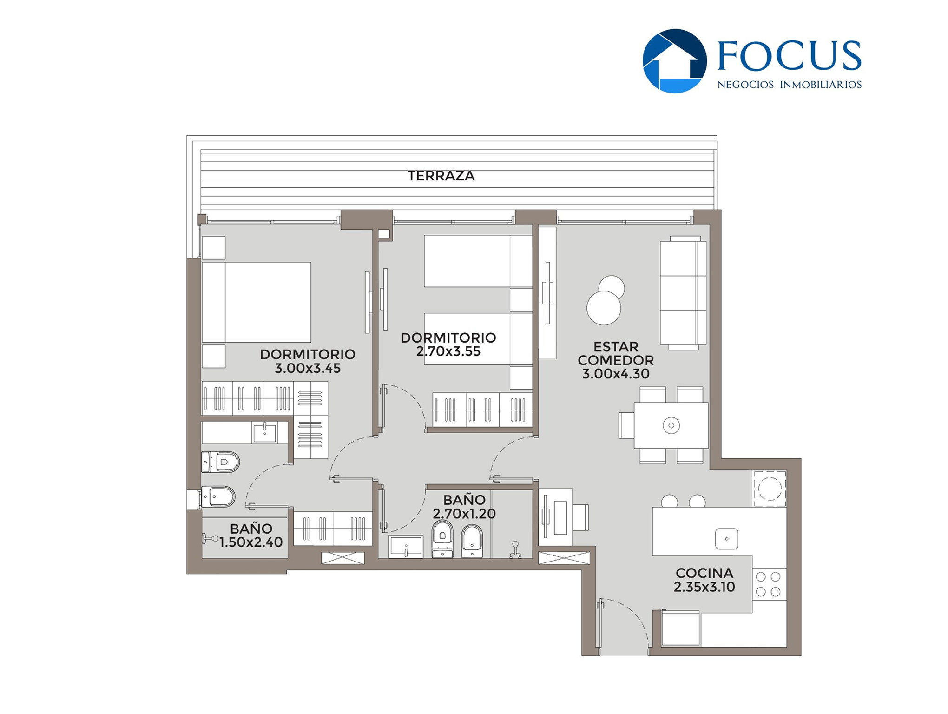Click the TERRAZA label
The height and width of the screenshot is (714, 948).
441,176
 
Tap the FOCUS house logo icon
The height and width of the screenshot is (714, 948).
674,61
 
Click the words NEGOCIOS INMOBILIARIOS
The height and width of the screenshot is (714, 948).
790,85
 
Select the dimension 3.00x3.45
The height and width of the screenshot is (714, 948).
308,368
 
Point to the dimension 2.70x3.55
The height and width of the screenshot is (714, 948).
448,351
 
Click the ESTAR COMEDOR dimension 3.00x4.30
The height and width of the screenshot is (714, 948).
616,374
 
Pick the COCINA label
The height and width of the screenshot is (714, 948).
704,573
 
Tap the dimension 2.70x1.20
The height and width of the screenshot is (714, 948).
464,514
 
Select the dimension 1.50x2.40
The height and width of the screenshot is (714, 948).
251,542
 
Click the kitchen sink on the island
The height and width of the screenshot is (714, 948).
727,539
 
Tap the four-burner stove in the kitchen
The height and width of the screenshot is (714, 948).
769,584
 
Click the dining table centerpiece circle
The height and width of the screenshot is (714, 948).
671,425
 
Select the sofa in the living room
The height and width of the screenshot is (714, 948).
683,293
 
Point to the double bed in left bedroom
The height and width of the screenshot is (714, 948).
257,302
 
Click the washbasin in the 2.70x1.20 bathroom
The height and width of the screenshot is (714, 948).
406,547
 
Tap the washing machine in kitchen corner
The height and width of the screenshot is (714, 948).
769,489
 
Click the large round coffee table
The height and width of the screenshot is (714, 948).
604,308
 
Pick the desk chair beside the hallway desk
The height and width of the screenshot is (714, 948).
581,517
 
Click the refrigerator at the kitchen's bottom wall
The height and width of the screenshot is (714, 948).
680,628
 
